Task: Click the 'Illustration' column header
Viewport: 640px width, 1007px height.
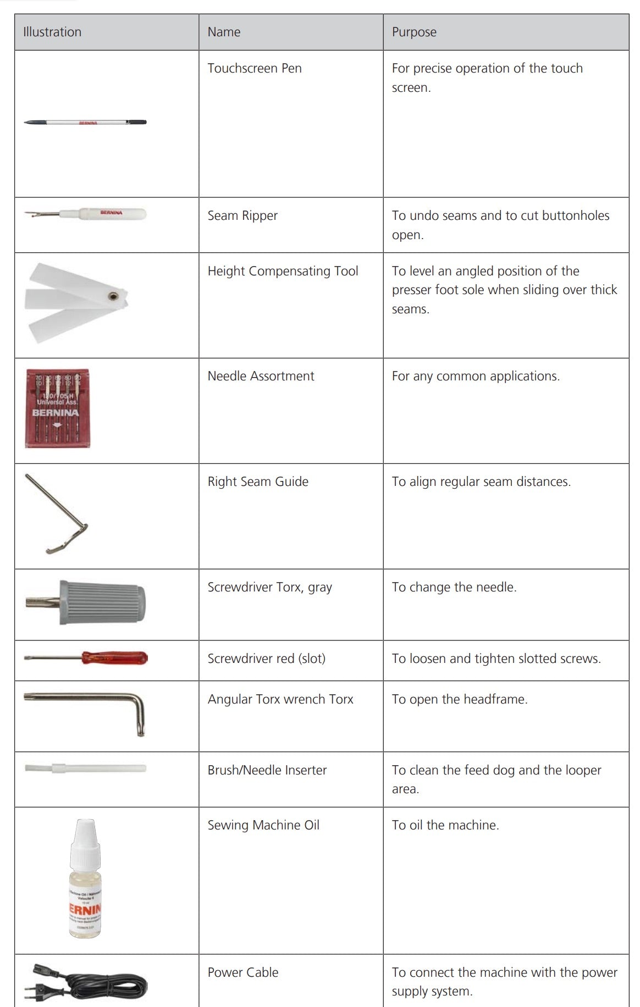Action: [x=52, y=32]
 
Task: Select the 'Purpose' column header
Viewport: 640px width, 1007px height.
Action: [x=414, y=32]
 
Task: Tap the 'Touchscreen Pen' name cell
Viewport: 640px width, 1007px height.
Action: [x=255, y=68]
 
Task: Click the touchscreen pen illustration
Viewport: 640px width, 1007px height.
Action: [x=85, y=122]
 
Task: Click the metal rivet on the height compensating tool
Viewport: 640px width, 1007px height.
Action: [x=113, y=296]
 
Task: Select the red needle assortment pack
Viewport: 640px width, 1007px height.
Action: [x=57, y=408]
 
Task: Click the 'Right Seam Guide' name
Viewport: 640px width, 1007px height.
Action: [x=258, y=482]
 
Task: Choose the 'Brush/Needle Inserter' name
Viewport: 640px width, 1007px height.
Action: [x=267, y=770]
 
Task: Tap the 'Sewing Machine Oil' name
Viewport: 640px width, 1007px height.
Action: [x=263, y=825]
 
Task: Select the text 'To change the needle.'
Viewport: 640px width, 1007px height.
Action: [x=454, y=587]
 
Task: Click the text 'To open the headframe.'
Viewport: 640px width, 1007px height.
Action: [x=460, y=699]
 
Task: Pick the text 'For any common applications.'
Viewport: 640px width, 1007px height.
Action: [x=476, y=376]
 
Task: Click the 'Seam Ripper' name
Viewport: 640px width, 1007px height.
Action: [x=242, y=215]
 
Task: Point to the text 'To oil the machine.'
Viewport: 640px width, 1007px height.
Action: [x=445, y=825]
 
